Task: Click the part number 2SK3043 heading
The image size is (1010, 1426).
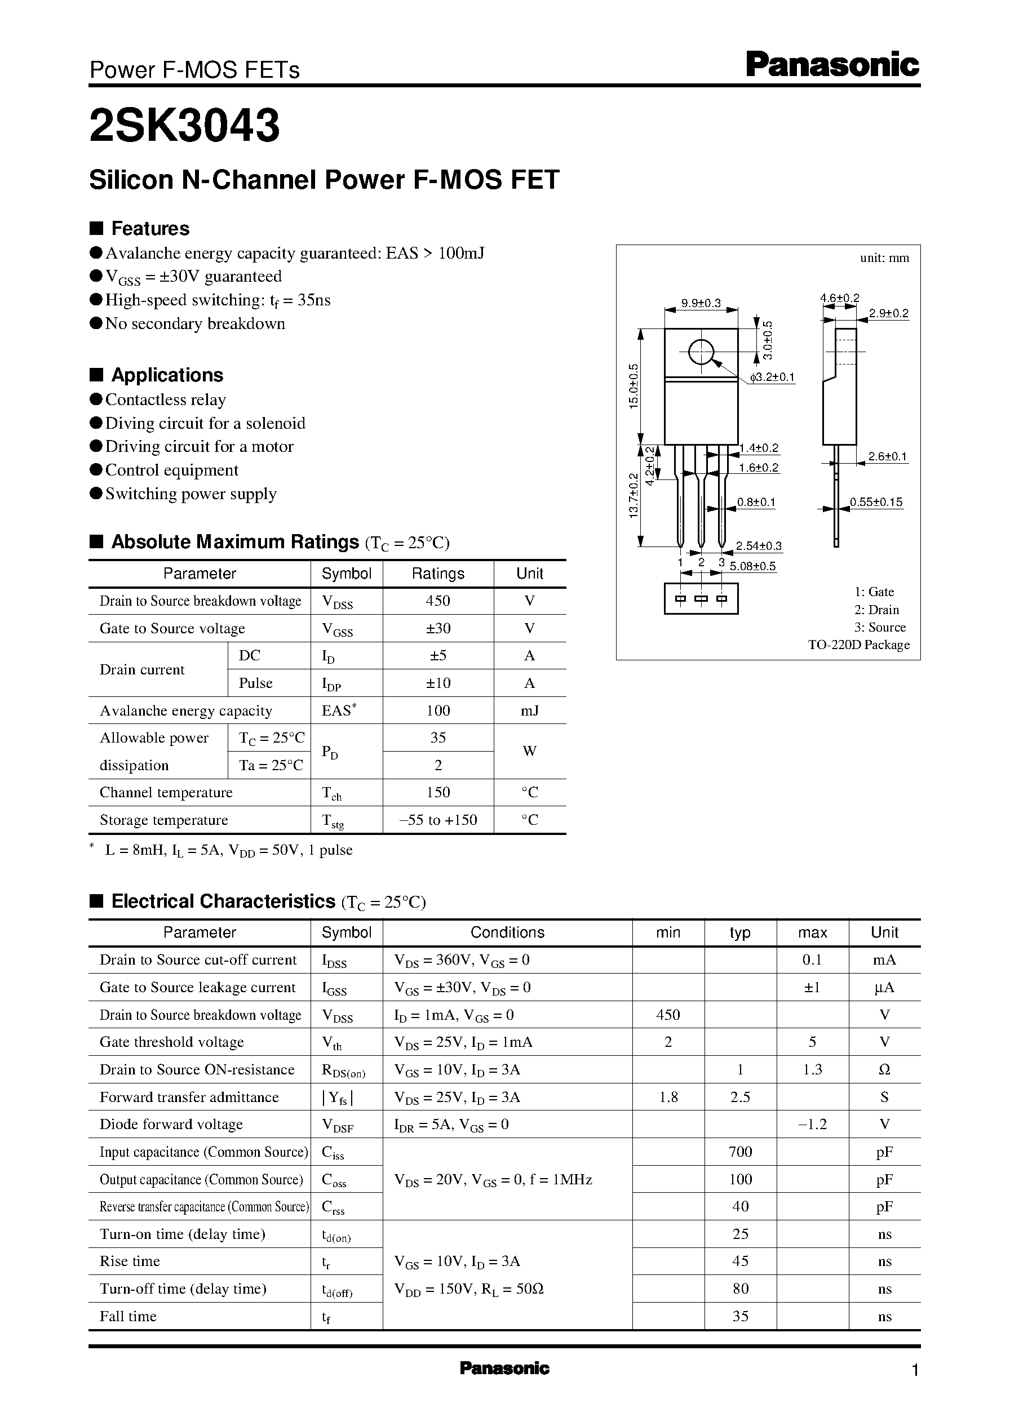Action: [x=185, y=126]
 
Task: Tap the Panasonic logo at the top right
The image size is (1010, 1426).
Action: [x=832, y=65]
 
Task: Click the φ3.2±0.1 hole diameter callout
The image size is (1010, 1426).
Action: [x=772, y=377]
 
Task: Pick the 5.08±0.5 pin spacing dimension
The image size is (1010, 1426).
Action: [x=752, y=566]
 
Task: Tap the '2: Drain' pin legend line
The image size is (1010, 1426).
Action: [x=876, y=610]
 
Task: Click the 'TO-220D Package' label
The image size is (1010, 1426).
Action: [x=858, y=645]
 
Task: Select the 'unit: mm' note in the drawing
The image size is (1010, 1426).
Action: [x=884, y=258]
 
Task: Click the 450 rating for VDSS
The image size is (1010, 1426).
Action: [x=438, y=601]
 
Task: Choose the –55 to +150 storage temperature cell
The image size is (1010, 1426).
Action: [x=438, y=820]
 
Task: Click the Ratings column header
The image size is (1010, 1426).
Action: [x=438, y=574]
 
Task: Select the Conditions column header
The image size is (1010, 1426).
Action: [x=507, y=932]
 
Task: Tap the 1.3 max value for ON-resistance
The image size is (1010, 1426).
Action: [x=812, y=1070]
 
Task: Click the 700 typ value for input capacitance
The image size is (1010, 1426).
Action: [x=740, y=1152]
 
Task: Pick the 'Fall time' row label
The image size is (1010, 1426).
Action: [x=128, y=1316]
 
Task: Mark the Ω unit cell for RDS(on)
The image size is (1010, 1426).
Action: [x=884, y=1070]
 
